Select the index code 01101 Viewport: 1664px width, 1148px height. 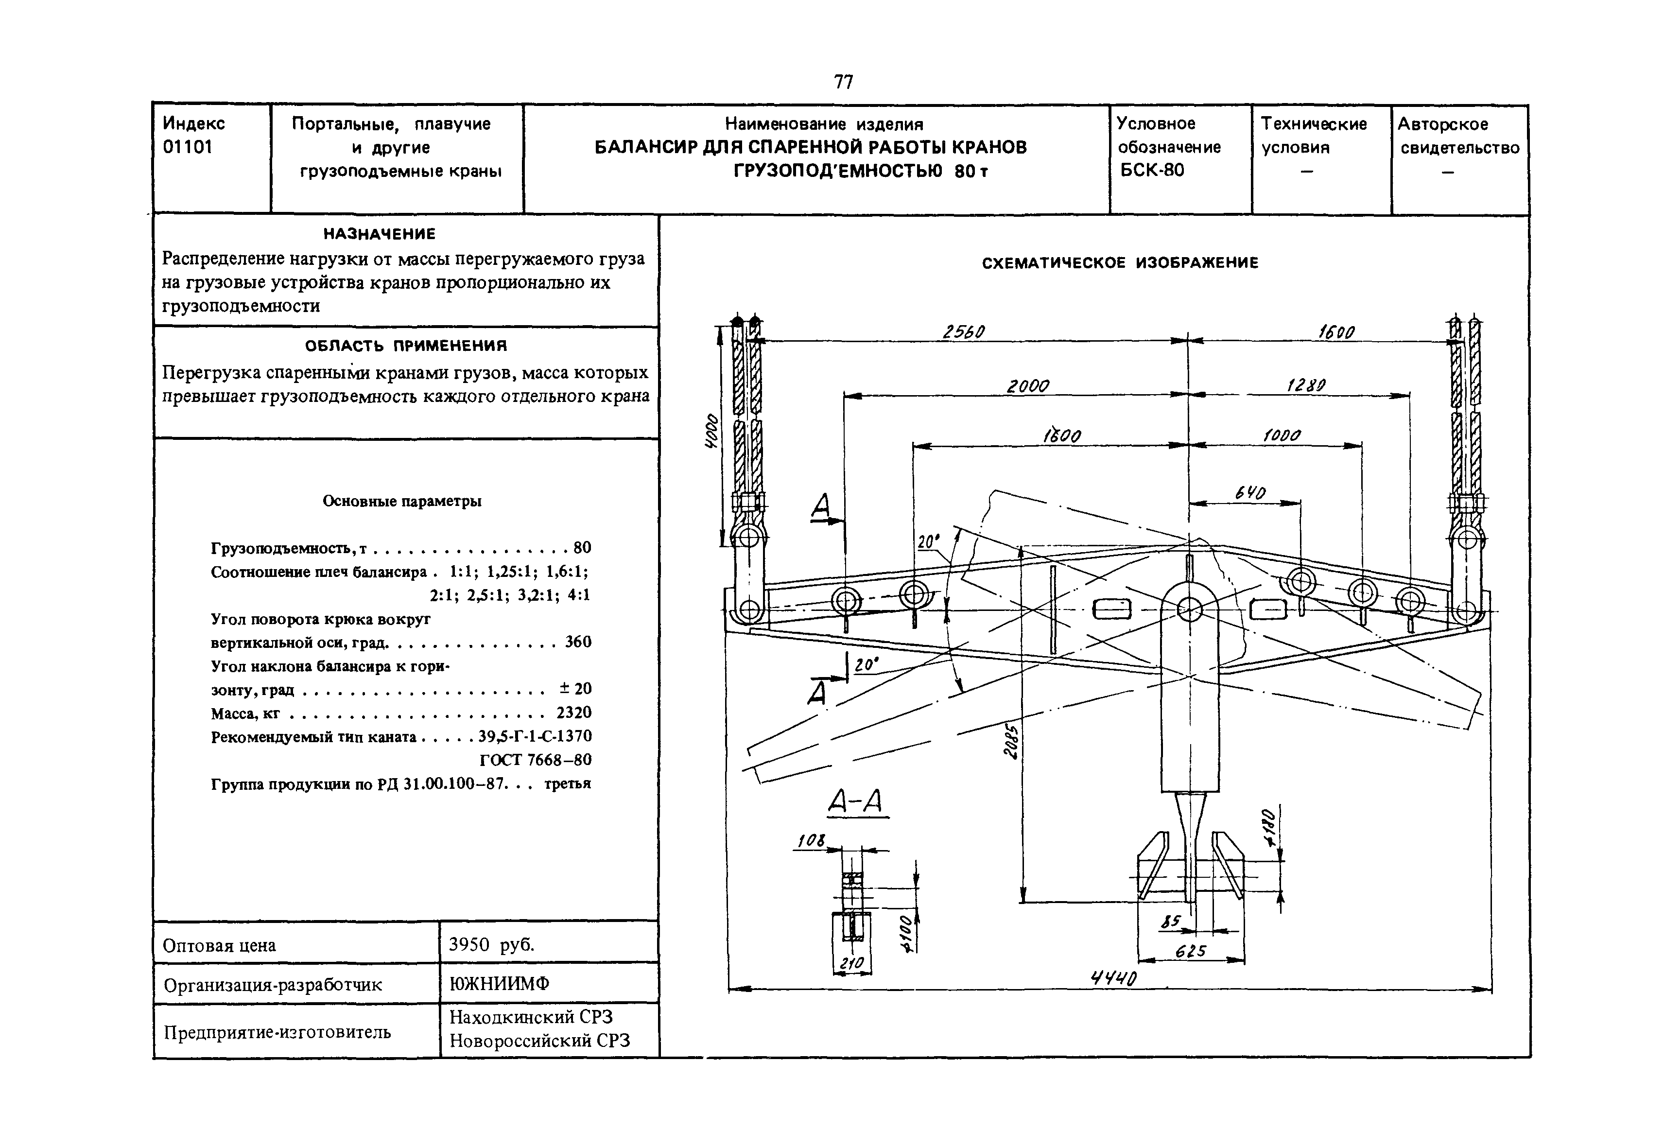click(188, 147)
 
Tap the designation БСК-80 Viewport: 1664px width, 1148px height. click(1151, 171)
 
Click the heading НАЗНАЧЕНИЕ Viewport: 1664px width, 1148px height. click(379, 234)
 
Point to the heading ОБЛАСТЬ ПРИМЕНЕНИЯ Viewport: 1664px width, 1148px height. click(406, 346)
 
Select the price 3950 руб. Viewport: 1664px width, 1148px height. click(491, 944)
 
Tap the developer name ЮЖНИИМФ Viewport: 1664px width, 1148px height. click(499, 984)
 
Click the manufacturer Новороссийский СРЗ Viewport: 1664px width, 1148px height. click(539, 1041)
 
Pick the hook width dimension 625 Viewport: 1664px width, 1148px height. click(1190, 951)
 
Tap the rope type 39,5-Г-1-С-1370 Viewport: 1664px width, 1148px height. click(534, 736)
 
